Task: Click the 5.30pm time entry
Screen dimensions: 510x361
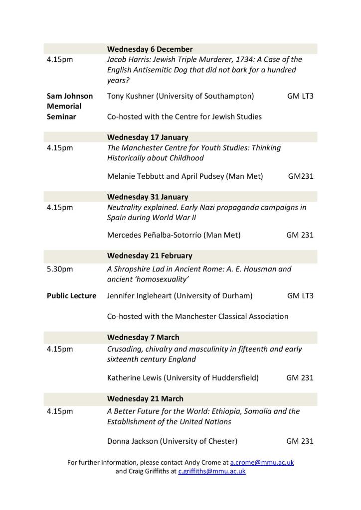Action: [x=60, y=269]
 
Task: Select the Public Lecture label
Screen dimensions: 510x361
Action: [x=71, y=296]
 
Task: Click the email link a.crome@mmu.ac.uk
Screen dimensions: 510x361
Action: [x=262, y=462]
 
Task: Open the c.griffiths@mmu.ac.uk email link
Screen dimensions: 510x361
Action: [x=212, y=471]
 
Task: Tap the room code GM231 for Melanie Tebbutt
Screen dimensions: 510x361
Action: [x=301, y=176]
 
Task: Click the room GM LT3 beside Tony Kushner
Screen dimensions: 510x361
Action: [x=300, y=96]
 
